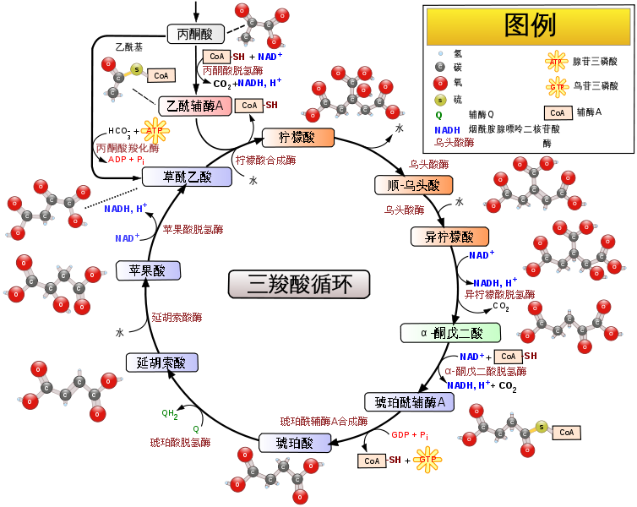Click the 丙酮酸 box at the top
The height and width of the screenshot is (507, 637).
196,34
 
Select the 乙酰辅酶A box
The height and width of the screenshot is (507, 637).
195,106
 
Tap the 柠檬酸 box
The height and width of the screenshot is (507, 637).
298,137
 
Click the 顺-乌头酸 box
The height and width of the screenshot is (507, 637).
414,185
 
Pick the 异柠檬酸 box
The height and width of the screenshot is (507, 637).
449,237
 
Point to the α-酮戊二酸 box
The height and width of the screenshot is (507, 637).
450,333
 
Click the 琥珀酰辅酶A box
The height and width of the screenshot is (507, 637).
409,402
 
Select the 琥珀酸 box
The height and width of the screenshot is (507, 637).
295,443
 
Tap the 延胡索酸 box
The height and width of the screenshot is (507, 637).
161,363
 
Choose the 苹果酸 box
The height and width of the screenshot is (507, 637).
149,270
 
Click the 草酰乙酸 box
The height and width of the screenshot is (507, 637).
187,177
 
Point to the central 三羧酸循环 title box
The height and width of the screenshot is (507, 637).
299,285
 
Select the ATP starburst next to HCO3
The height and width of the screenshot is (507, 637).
155,131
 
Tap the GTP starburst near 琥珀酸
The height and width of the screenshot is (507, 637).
427,460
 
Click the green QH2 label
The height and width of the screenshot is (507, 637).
170,414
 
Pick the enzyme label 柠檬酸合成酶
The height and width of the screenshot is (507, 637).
265,161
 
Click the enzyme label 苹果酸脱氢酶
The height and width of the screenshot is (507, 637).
193,230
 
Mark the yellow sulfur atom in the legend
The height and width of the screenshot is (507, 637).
440,100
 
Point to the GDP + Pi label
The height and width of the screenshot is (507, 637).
410,435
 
